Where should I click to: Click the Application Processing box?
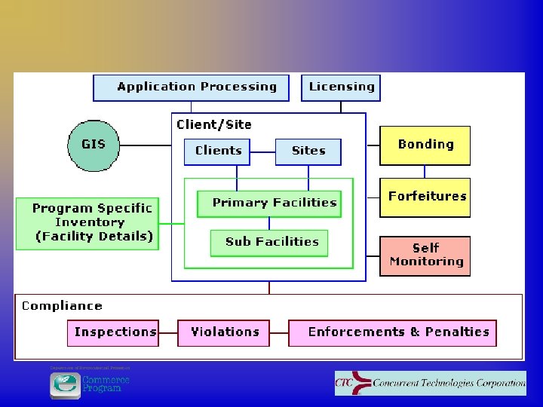(x=190, y=87)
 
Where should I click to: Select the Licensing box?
(x=341, y=87)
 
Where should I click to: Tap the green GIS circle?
(x=94, y=145)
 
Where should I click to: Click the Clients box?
(x=218, y=151)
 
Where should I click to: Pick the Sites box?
(x=308, y=151)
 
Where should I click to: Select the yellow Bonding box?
(x=425, y=145)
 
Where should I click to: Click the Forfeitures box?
(x=425, y=197)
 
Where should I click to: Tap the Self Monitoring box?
(x=425, y=256)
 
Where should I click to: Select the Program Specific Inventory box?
(x=88, y=223)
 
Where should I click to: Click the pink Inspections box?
(x=113, y=332)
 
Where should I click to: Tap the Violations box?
(x=223, y=332)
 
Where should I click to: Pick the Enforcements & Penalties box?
(x=392, y=332)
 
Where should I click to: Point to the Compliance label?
(x=62, y=306)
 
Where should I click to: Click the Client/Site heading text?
(x=214, y=125)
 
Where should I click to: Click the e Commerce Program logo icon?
(x=65, y=384)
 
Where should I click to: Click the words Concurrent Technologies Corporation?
(x=449, y=384)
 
